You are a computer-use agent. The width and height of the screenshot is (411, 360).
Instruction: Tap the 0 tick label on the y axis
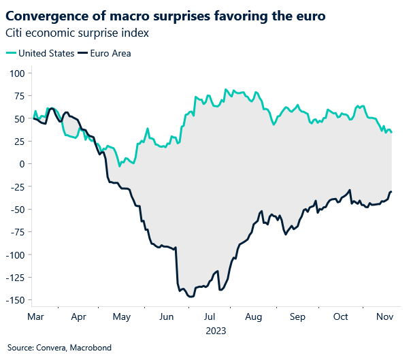coord(22,164)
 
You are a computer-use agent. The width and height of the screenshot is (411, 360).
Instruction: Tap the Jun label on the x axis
coord(165,317)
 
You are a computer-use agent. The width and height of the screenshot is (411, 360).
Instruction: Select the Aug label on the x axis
coord(253,317)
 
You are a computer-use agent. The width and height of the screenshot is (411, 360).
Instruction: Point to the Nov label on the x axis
coord(384,317)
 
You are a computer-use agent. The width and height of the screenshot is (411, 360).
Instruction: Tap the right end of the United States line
coord(392,132)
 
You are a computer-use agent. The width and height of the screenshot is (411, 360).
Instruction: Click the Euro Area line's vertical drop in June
coord(176,265)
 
